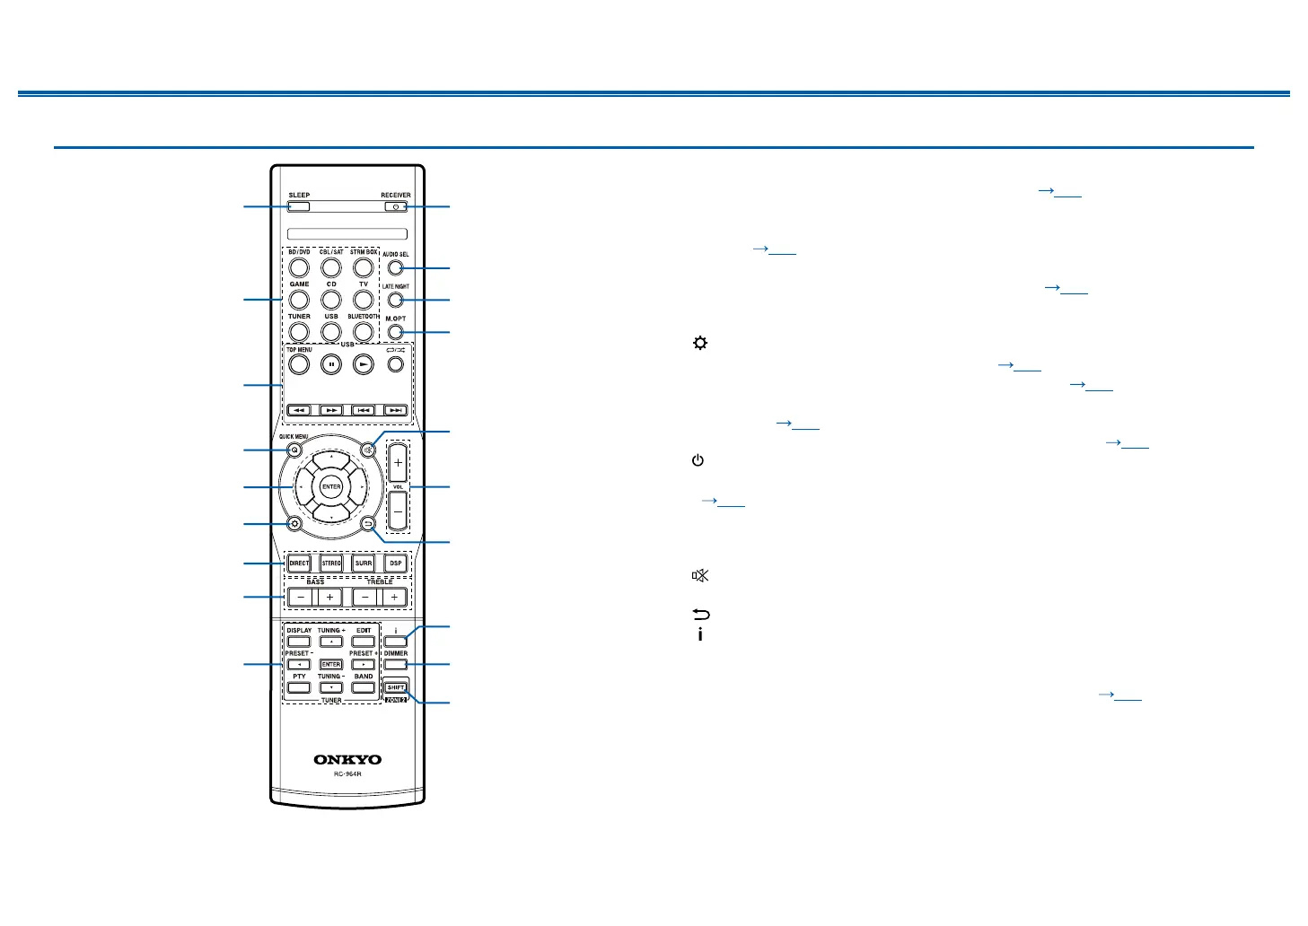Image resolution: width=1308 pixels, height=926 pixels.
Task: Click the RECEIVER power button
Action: point(395,207)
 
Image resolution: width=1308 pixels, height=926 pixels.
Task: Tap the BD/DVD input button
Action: point(299,267)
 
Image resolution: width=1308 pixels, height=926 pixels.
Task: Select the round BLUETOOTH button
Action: point(364,331)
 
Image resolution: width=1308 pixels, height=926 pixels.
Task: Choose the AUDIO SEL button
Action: point(396,267)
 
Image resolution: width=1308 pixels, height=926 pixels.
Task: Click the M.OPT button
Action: point(396,332)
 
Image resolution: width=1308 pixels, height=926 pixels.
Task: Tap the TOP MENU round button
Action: point(299,364)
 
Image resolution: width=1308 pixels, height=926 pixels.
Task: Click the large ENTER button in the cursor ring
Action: point(331,486)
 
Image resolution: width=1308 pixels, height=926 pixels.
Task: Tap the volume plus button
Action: point(398,463)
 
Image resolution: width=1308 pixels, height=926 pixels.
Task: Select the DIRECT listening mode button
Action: point(299,563)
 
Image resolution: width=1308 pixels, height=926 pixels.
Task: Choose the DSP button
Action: point(395,563)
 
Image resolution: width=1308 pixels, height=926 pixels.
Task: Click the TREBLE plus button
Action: point(394,598)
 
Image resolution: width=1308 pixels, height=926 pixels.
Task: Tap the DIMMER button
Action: point(396,665)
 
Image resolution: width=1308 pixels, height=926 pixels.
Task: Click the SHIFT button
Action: point(396,688)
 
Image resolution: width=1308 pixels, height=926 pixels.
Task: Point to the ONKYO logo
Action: point(347,760)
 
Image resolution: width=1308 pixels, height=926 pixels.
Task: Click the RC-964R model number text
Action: point(347,774)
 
